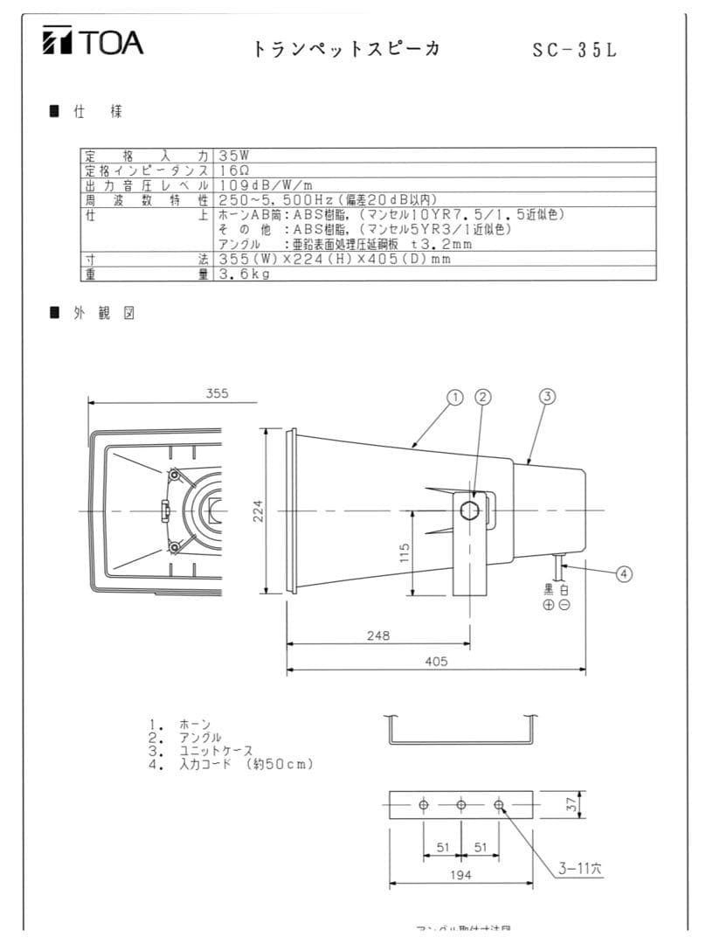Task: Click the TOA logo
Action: (93, 41)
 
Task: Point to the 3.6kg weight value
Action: (245, 274)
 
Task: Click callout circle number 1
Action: (454, 397)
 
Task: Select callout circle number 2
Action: (484, 397)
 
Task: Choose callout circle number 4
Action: (624, 574)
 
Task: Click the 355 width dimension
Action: (217, 393)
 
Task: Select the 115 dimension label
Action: (405, 553)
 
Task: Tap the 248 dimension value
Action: (377, 635)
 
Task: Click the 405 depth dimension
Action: (436, 662)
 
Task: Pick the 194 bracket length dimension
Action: (460, 874)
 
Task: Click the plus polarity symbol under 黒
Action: (548, 605)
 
